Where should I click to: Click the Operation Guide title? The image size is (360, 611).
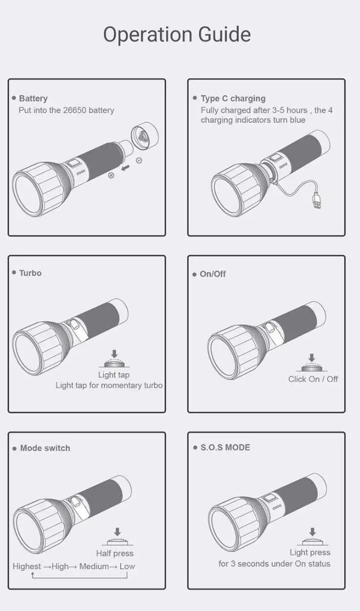177,35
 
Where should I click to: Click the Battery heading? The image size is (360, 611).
33,98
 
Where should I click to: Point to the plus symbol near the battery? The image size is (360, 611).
111,175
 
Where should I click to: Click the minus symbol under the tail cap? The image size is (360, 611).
139,161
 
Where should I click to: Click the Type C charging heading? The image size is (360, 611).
233,98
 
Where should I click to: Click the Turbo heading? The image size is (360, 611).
30,273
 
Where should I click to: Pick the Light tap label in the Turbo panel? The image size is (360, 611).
114,375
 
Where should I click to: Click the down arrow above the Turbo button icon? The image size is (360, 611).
114,353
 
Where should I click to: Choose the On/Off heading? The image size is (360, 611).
212,274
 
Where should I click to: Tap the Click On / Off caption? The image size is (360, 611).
313,379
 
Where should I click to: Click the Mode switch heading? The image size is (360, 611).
45,448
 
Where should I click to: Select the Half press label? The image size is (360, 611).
115,553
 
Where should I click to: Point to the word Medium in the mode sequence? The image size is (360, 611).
94,566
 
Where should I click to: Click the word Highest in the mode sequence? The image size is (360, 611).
27,566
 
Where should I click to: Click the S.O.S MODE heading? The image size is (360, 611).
225,447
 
